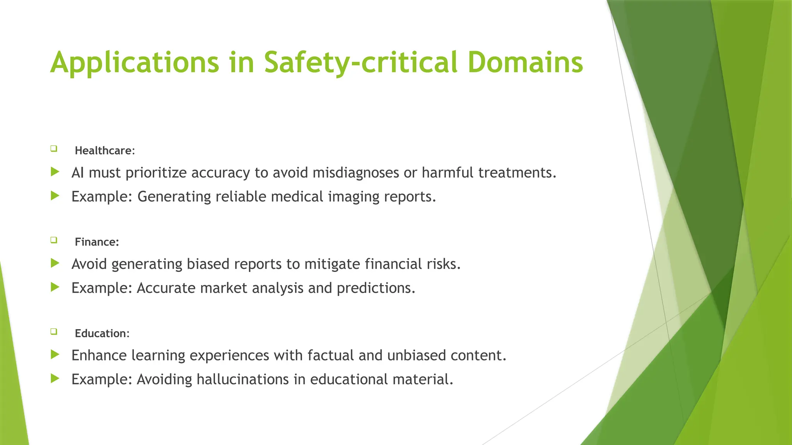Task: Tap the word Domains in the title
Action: pos(525,63)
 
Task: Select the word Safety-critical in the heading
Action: pos(361,63)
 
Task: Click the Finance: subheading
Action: pos(97,242)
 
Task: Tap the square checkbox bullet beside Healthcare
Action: pos(54,148)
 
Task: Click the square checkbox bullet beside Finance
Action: pos(54,240)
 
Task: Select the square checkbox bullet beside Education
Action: pos(54,331)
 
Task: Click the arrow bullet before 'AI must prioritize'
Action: pos(55,172)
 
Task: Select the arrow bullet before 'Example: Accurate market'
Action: pos(55,287)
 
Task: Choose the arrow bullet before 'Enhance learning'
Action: pos(55,354)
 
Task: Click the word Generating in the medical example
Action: pos(174,197)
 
